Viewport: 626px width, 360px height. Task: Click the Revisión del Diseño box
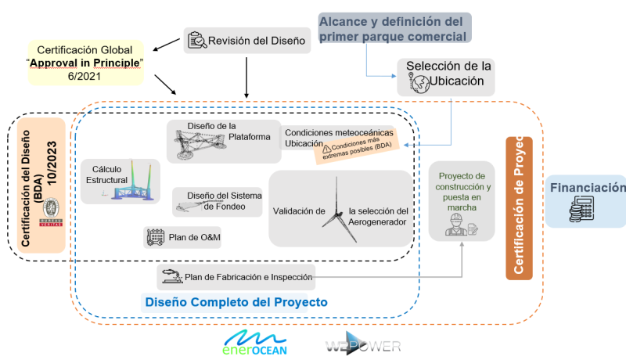(x=247, y=41)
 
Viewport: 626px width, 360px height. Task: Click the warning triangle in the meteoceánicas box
(x=326, y=147)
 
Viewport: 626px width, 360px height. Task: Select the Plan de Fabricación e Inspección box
(x=236, y=275)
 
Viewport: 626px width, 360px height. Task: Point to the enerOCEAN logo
(x=256, y=342)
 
